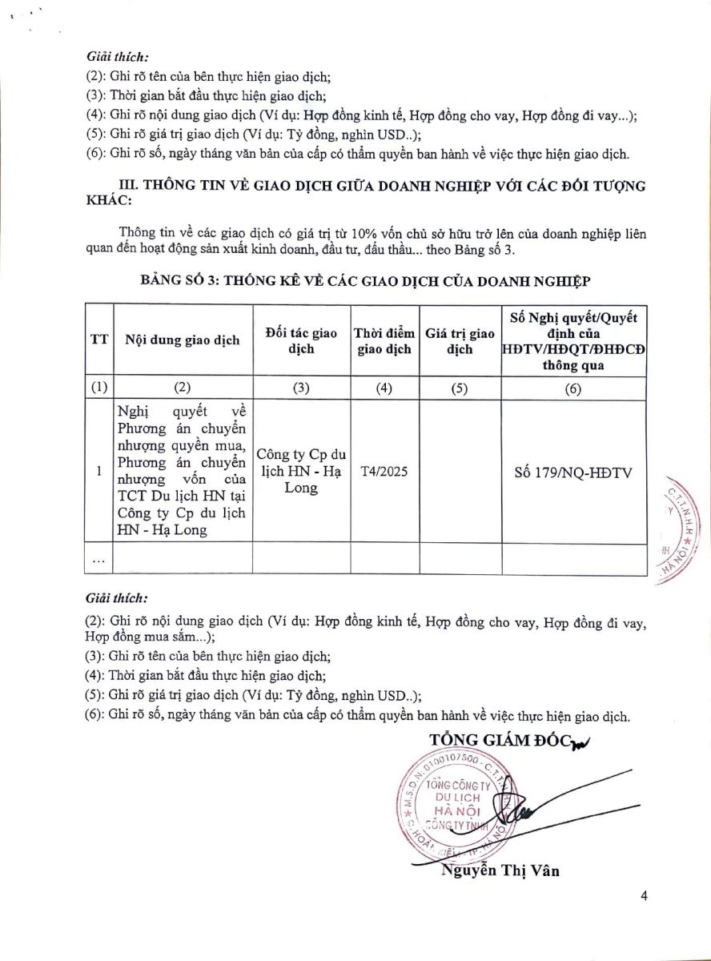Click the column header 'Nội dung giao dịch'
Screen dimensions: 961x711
click(x=183, y=340)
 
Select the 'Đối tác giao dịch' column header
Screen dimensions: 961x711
click(x=300, y=340)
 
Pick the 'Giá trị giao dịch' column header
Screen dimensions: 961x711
click(x=460, y=340)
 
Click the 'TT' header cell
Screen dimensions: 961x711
click(x=98, y=340)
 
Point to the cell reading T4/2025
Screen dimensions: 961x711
click(x=384, y=472)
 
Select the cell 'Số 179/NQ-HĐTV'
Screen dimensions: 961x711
click(x=573, y=472)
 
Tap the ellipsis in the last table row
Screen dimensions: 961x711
click(x=98, y=560)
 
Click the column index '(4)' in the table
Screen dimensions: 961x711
click(x=384, y=388)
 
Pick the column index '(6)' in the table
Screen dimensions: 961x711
click(x=573, y=388)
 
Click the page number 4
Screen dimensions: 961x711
click(x=645, y=895)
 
